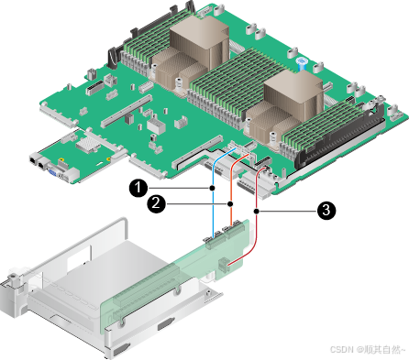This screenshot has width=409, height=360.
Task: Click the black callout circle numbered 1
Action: pyautogui.click(x=138, y=188)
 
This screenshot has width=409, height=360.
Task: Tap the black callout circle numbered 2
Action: pyautogui.click(x=156, y=203)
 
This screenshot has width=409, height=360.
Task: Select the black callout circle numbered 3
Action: pyautogui.click(x=326, y=211)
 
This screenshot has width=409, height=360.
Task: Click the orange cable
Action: pyautogui.click(x=231, y=195)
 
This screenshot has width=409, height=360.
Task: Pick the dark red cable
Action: pyautogui.click(x=257, y=213)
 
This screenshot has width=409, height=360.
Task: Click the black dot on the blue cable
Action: pyautogui.click(x=213, y=188)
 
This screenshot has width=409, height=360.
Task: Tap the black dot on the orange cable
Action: pyautogui.click(x=231, y=203)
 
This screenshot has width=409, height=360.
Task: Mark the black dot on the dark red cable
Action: pyautogui.click(x=257, y=211)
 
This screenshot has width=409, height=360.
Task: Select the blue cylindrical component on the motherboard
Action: pyautogui.click(x=302, y=63)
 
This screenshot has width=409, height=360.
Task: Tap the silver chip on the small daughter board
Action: pyautogui.click(x=88, y=143)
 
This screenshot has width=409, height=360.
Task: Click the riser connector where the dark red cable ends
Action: pyautogui.click(x=224, y=265)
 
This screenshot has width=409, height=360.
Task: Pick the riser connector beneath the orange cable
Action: pyautogui.click(x=235, y=230)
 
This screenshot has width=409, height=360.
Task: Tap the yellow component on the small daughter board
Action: pyautogui.click(x=61, y=159)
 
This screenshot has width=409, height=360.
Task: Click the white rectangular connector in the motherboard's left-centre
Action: pyautogui.click(x=156, y=125)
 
